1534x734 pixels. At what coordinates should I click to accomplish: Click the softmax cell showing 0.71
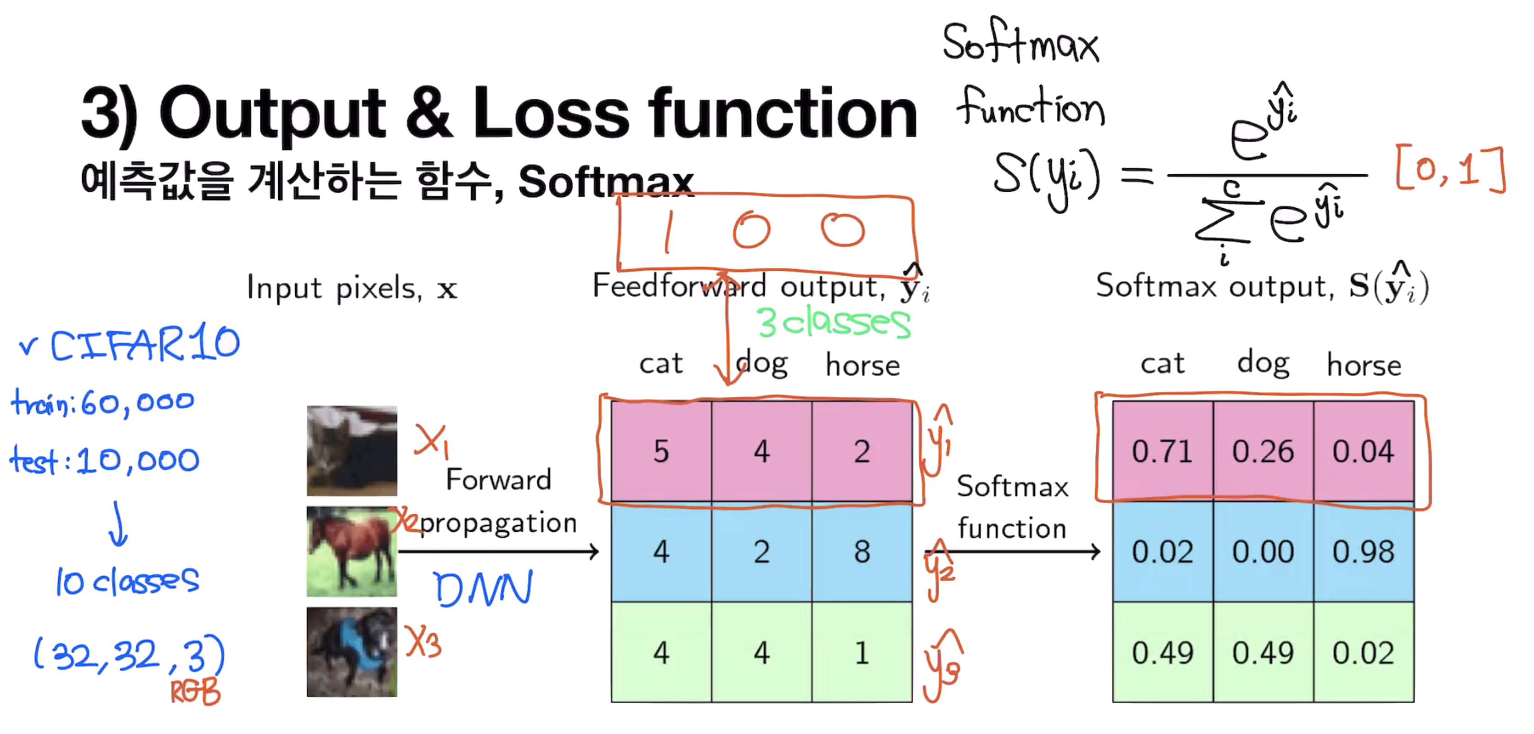click(1162, 451)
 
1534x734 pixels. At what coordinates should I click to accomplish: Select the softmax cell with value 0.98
click(1363, 552)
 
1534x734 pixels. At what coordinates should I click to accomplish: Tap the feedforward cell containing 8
click(862, 552)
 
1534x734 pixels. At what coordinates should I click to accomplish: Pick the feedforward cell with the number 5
click(661, 451)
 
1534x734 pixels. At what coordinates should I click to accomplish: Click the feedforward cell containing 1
click(862, 652)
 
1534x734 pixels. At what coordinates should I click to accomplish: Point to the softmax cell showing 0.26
click(1263, 451)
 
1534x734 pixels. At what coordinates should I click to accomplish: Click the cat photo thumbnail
click(351, 450)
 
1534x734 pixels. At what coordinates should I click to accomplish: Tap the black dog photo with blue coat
click(351, 652)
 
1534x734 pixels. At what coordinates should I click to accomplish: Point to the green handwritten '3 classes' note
click(833, 323)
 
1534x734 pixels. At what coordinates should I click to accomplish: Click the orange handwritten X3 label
click(423, 642)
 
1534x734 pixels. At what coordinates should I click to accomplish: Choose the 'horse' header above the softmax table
click(1364, 365)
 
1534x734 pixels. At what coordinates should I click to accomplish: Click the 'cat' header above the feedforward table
click(661, 363)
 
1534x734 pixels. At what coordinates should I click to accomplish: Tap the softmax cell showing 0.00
click(1263, 552)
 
